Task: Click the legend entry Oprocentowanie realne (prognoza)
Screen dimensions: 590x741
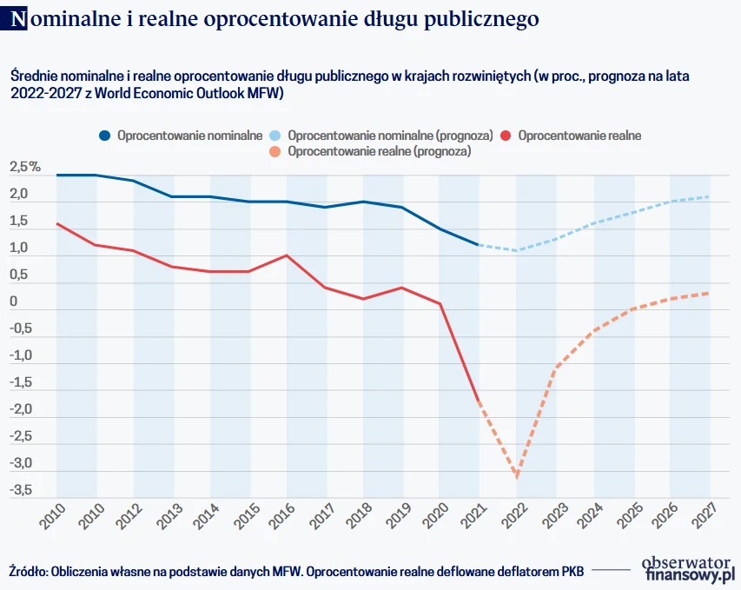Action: (378, 151)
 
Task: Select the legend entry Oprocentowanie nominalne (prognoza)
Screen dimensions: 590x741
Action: (390, 136)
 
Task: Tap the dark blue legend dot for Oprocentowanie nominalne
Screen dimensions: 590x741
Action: (105, 136)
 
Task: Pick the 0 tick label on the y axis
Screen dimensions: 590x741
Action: (14, 302)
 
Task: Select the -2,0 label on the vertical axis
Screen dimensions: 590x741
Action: (22, 409)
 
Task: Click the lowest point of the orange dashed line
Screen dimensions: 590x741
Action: (517, 476)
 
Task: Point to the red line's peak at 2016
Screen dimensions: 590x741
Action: (286, 255)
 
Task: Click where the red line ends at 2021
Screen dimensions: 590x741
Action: (478, 401)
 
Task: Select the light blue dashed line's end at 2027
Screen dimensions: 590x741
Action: (709, 196)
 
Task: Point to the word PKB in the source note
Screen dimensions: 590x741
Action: (571, 571)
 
